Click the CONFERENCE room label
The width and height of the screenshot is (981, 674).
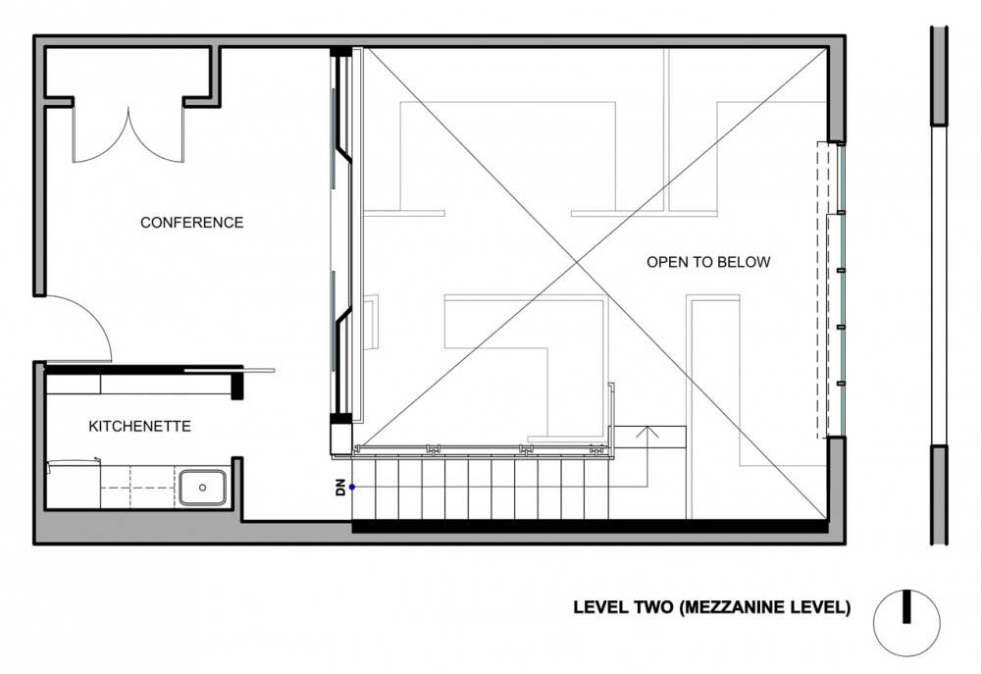point(191,222)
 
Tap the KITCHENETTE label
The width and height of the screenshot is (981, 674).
point(139,426)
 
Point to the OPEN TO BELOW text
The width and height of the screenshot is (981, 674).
point(708,262)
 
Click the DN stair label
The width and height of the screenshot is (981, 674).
point(340,487)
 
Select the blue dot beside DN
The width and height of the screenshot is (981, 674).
point(352,487)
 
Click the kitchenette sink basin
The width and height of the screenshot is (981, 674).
point(203,488)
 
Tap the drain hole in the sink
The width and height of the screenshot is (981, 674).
point(203,488)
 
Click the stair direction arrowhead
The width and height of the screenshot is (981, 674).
point(647,432)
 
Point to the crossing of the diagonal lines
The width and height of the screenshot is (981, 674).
point(582,264)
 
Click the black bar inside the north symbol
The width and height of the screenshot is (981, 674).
point(906,606)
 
